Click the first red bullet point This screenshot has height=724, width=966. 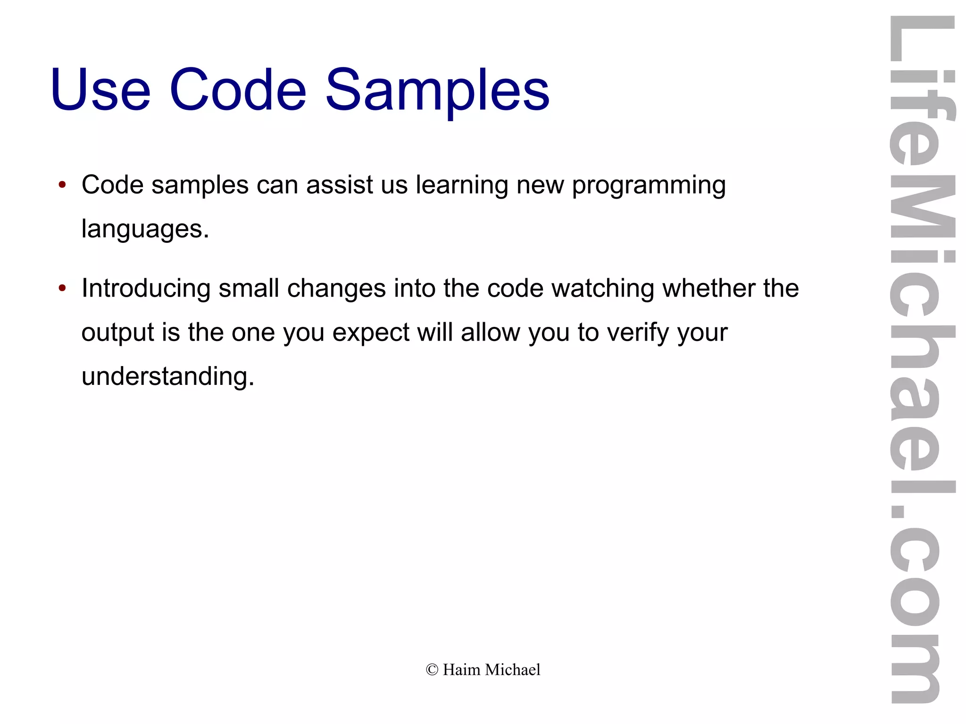point(62,185)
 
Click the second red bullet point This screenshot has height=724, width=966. point(62,288)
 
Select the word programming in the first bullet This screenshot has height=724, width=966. point(649,186)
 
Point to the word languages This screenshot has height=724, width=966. point(145,230)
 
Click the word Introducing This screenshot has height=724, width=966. point(146,289)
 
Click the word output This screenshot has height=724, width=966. point(117,333)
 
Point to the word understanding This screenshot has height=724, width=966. point(167,377)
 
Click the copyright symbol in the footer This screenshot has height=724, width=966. point(432,670)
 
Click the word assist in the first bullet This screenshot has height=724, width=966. point(340,185)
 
